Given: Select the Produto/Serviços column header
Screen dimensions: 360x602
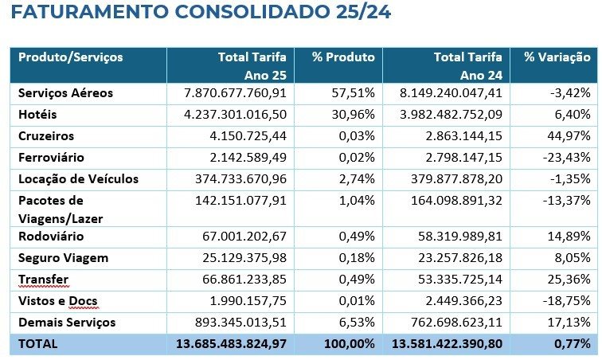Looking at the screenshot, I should point(71,57).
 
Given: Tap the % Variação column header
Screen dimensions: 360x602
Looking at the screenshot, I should point(557,57).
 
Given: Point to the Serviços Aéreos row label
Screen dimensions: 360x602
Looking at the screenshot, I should point(66,93).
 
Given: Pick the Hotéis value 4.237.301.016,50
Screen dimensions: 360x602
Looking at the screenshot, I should point(234,115).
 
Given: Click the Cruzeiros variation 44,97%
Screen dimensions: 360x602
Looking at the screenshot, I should point(569,136).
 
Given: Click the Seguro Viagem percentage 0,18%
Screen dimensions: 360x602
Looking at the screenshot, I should point(357,258).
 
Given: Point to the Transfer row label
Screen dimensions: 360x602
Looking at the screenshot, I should point(44,280).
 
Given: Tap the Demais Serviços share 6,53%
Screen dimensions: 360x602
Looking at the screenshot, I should point(357,323).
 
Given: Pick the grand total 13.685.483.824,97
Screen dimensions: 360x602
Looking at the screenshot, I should point(230,344).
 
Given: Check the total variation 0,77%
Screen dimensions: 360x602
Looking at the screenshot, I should point(572,344).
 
